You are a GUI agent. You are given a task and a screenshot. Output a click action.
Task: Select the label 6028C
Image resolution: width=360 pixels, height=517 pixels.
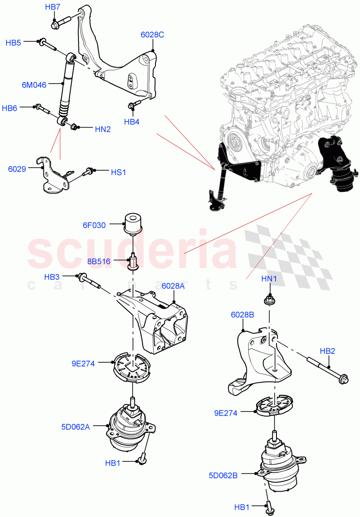click(x=152, y=35)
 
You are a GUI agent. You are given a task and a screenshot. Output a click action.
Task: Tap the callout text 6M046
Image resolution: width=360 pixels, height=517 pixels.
click(x=34, y=85)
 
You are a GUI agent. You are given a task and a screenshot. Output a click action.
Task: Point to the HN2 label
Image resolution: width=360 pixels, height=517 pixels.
click(x=103, y=128)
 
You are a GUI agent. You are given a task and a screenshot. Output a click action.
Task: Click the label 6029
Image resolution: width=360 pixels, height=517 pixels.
click(x=17, y=169)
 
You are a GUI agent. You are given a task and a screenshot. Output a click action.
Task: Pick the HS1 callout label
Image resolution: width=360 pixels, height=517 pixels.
click(x=118, y=172)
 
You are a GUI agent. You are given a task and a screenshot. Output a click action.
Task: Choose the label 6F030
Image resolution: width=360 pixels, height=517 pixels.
click(x=94, y=225)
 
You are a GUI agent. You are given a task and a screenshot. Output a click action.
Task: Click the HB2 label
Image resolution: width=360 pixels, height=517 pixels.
click(x=327, y=351)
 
